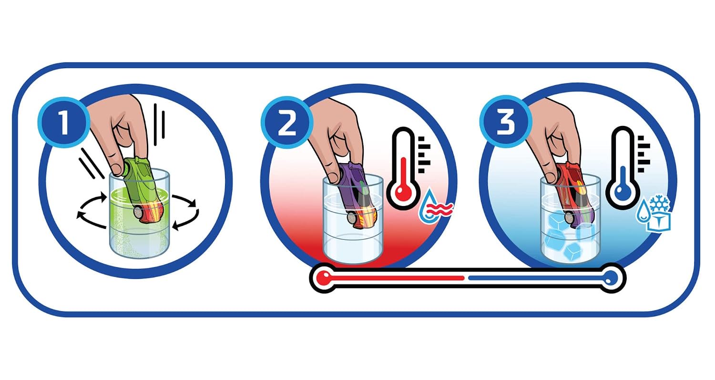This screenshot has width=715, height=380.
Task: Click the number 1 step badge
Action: click(x=64, y=122)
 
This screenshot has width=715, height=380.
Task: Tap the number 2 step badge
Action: click(x=286, y=123)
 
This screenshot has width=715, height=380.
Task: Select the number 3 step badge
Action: click(x=506, y=122)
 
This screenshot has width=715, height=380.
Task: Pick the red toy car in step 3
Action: click(x=574, y=195)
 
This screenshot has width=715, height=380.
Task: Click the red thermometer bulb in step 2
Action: click(x=403, y=193)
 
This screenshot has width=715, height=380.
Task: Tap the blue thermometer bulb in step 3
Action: click(x=623, y=193)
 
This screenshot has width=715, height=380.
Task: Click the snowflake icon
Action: click(x=659, y=204)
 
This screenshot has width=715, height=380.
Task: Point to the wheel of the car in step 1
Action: click(x=139, y=212)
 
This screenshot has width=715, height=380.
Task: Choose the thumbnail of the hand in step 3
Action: click(x=551, y=176)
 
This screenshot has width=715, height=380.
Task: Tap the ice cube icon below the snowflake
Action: click(x=658, y=222)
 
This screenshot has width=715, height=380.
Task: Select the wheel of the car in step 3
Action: click(x=570, y=218)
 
